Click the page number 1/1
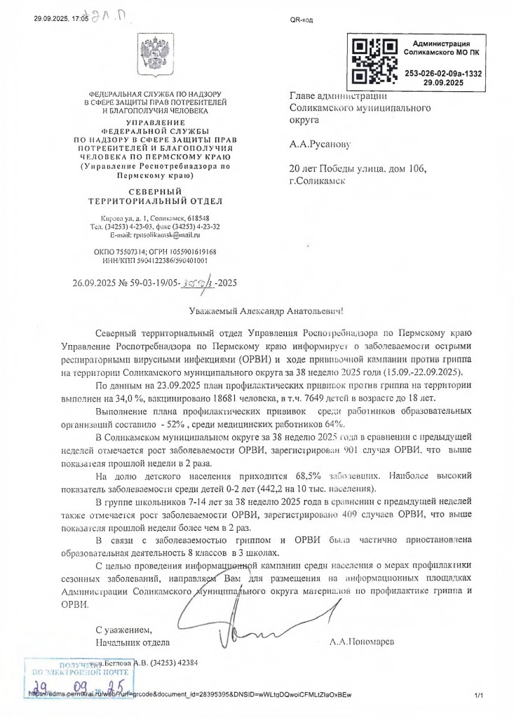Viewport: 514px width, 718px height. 480,696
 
